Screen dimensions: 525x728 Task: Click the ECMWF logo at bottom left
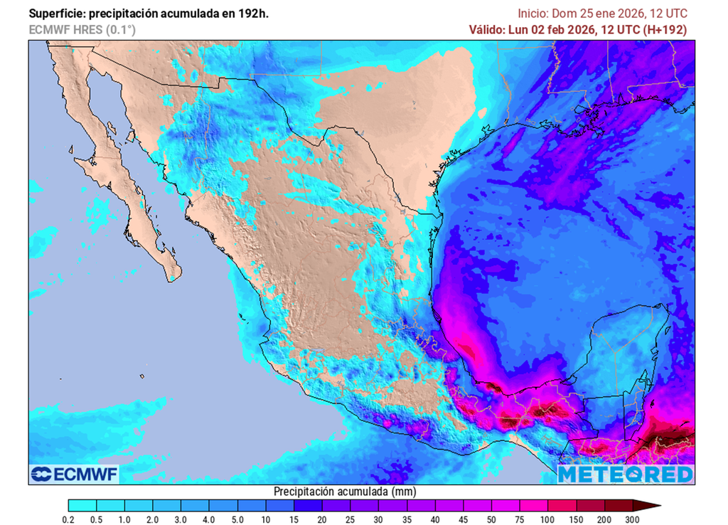[x=74, y=474]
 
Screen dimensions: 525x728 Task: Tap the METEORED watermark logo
[x=625, y=474]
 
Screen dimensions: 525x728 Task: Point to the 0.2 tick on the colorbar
[x=69, y=521]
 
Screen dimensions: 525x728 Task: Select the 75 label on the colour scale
[x=520, y=521]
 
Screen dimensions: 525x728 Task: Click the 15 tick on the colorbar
[x=294, y=521]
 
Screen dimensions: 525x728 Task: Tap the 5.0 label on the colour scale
[x=237, y=521]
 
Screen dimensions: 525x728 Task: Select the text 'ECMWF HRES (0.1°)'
[x=82, y=30]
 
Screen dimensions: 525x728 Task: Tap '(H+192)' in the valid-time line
[x=665, y=30]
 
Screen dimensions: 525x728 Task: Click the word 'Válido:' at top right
[x=486, y=30]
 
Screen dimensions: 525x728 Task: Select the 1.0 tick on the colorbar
[x=125, y=521]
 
